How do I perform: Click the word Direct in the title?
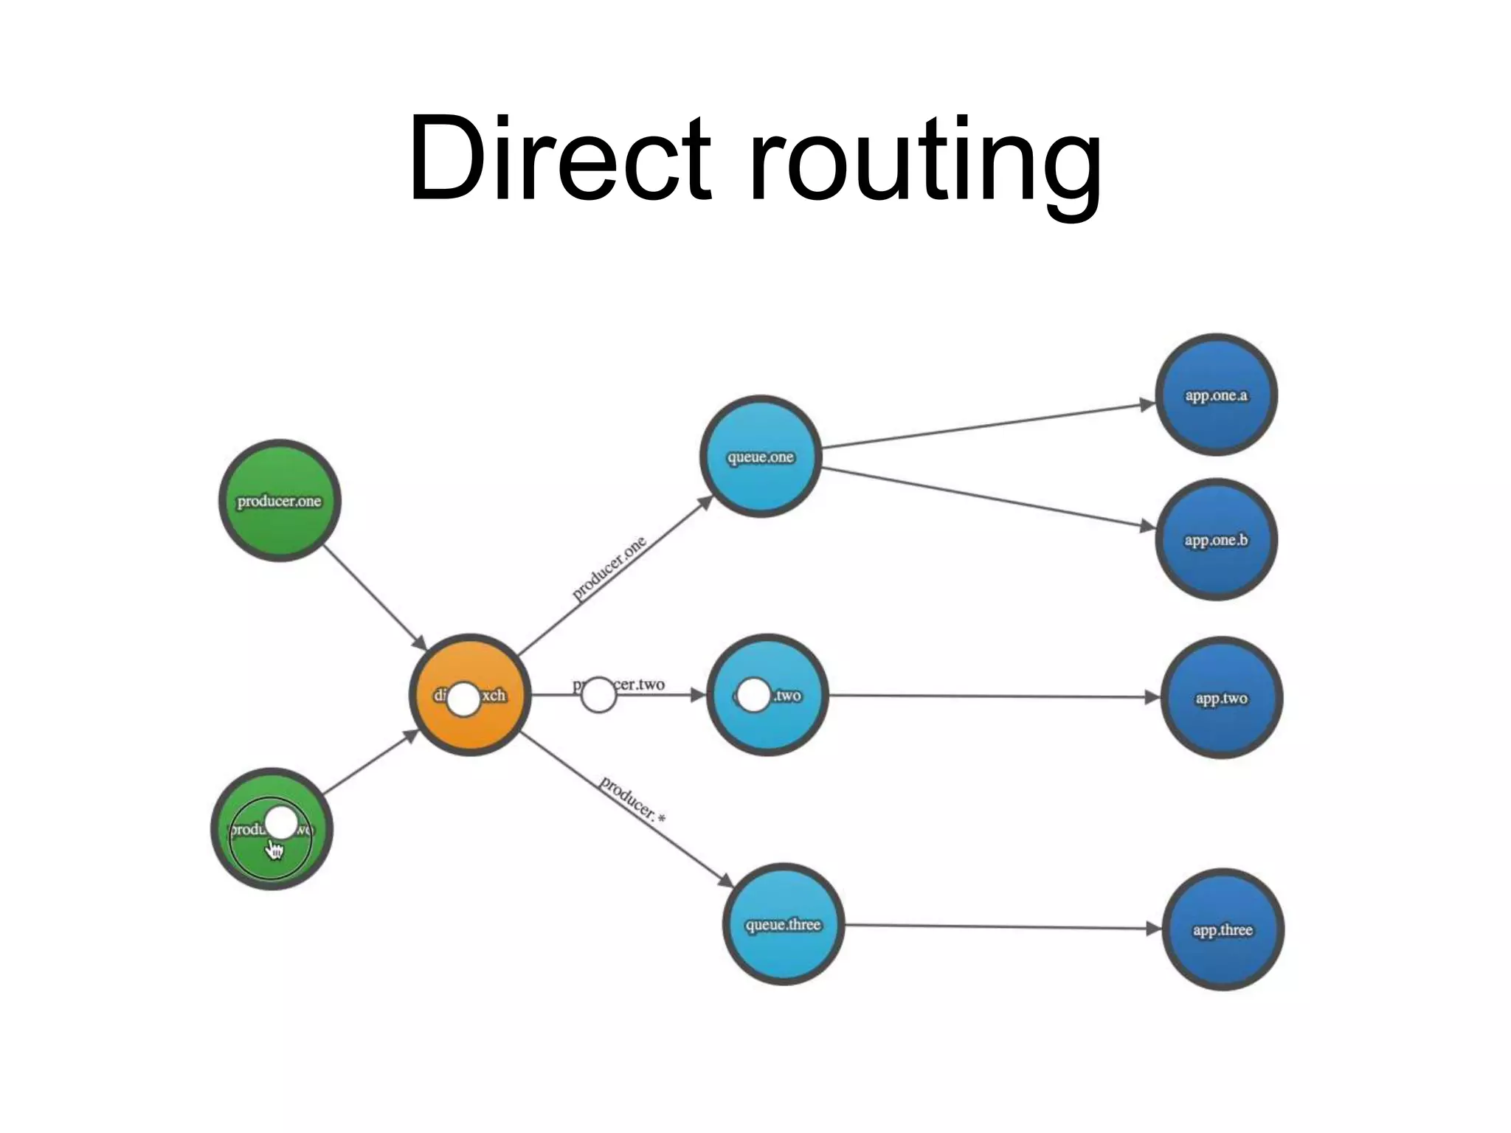pyautogui.click(x=559, y=158)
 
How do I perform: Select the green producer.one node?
pyautogui.click(x=280, y=501)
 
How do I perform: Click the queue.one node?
pyautogui.click(x=761, y=457)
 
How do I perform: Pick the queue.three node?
pyautogui.click(x=783, y=924)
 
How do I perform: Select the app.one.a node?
pyautogui.click(x=1216, y=395)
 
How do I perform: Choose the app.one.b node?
pyautogui.click(x=1216, y=540)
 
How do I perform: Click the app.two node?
pyautogui.click(x=1221, y=698)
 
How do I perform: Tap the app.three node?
pyautogui.click(x=1223, y=929)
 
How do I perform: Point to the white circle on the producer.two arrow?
pyautogui.click(x=598, y=695)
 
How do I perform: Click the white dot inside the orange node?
pyautogui.click(x=464, y=699)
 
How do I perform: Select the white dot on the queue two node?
pyautogui.click(x=753, y=695)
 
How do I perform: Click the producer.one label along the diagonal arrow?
pyautogui.click(x=609, y=568)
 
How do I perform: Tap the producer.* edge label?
pyautogui.click(x=632, y=800)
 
